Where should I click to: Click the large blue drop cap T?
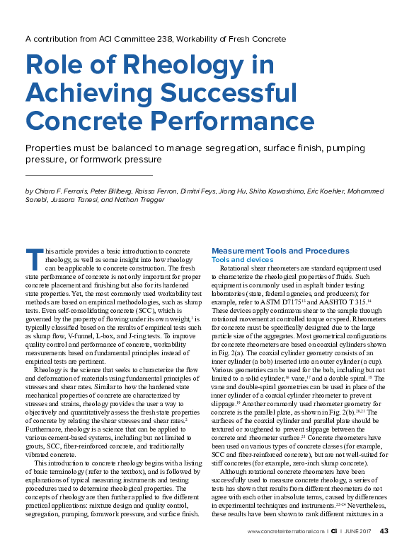pyautogui.click(x=32, y=259)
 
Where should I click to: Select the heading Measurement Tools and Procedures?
pyautogui.click(x=280, y=251)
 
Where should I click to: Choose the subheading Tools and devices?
pyautogui.click(x=243, y=260)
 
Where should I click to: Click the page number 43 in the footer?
pyautogui.click(x=384, y=531)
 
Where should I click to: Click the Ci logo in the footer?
pyautogui.click(x=333, y=531)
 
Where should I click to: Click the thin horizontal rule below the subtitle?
pyautogui.click(x=88, y=174)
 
